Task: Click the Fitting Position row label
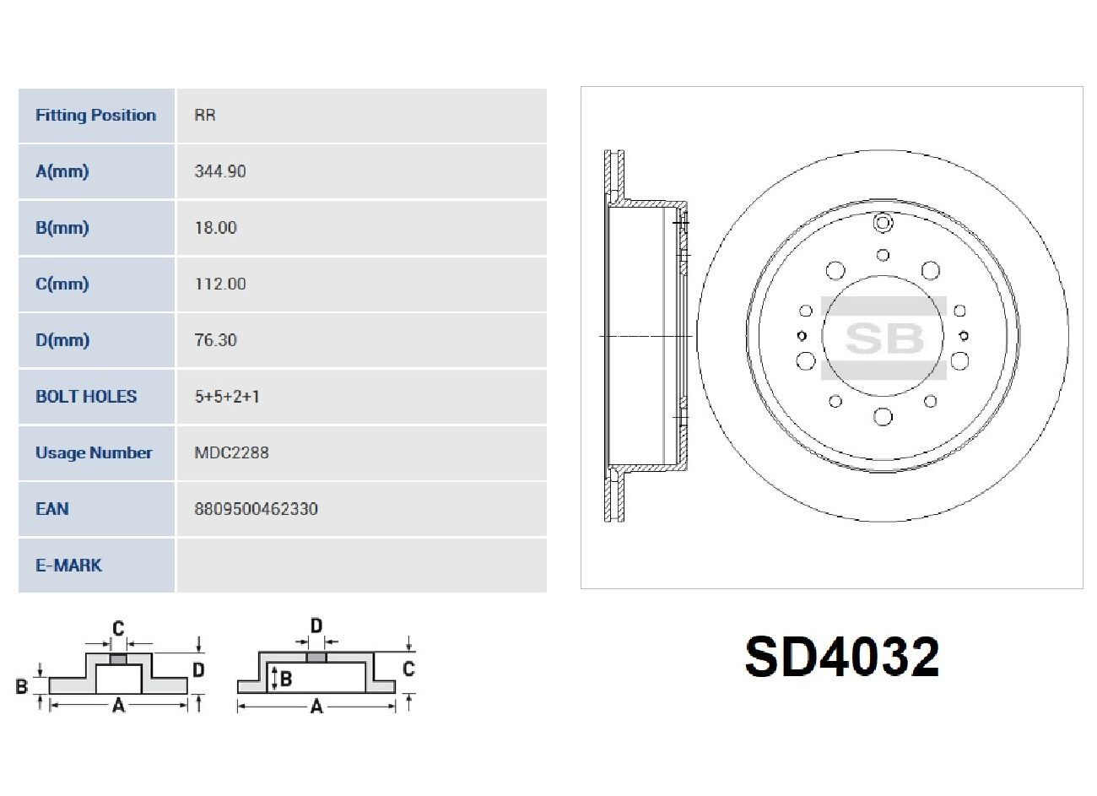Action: [x=95, y=116]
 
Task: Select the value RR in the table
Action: [x=205, y=115]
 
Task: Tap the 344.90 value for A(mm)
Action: [x=220, y=171]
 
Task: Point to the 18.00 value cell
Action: [x=215, y=228]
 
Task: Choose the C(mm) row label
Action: [x=62, y=284]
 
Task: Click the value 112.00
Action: [x=220, y=284]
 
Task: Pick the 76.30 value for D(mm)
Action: [x=215, y=340]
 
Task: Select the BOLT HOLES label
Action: [x=86, y=396]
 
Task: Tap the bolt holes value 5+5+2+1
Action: [x=227, y=396]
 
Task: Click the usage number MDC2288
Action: [x=232, y=452]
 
